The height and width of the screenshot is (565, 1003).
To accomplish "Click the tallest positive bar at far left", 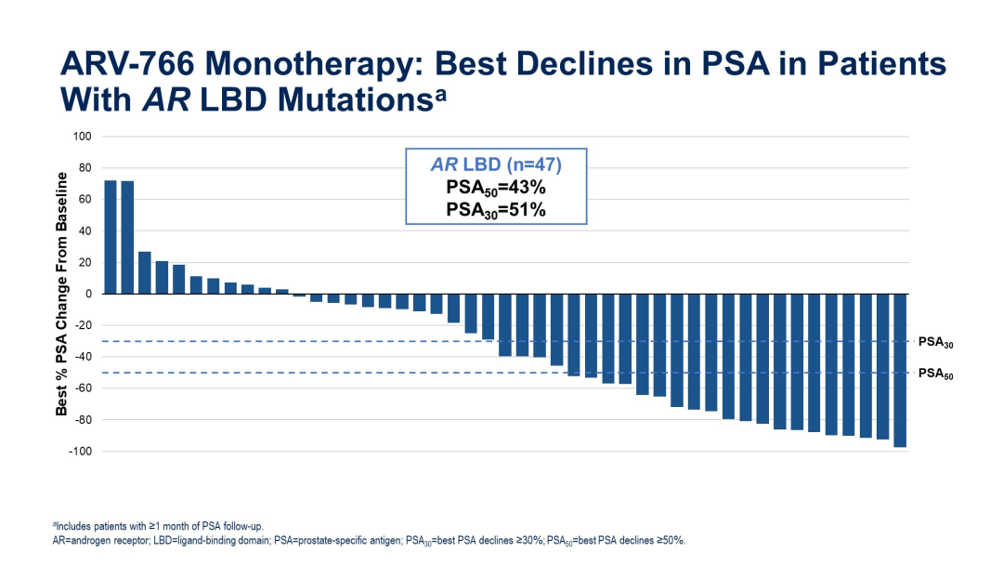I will click(111, 237).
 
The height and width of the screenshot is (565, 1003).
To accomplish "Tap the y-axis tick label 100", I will click(82, 137).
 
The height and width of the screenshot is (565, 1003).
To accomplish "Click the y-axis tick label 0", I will click(87, 294).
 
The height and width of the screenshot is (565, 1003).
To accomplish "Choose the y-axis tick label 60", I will click(84, 200).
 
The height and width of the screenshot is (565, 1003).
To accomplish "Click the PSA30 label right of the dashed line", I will click(935, 343).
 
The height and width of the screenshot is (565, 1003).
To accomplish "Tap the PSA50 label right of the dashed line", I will click(935, 374).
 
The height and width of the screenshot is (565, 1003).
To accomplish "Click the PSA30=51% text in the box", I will click(496, 210).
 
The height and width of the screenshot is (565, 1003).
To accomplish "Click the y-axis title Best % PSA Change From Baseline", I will click(62, 293).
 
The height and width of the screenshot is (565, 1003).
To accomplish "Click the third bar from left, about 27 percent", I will click(144, 272).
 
